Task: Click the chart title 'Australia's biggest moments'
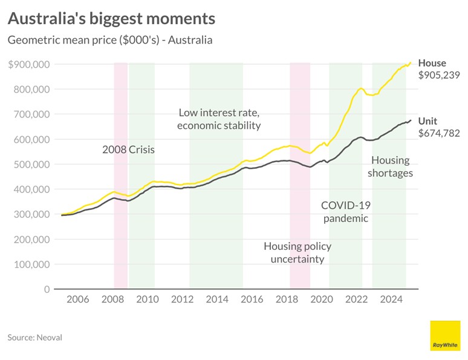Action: [x=111, y=19]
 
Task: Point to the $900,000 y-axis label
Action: [x=29, y=64]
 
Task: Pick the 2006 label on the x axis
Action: [x=77, y=299]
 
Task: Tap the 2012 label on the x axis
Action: [x=182, y=299]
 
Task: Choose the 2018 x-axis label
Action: [x=287, y=299]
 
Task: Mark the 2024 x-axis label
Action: [x=392, y=299]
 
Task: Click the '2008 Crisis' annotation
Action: [x=128, y=149]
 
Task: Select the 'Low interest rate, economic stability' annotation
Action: [x=218, y=119]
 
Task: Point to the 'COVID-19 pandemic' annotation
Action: [x=345, y=211]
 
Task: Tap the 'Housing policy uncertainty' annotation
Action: [x=297, y=252]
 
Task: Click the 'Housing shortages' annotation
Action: [x=391, y=166]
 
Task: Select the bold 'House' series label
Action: [x=432, y=63]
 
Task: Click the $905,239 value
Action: [x=439, y=76]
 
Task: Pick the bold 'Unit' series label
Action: [x=427, y=121]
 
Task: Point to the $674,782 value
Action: [x=439, y=133]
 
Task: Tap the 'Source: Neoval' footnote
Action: [x=35, y=337]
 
